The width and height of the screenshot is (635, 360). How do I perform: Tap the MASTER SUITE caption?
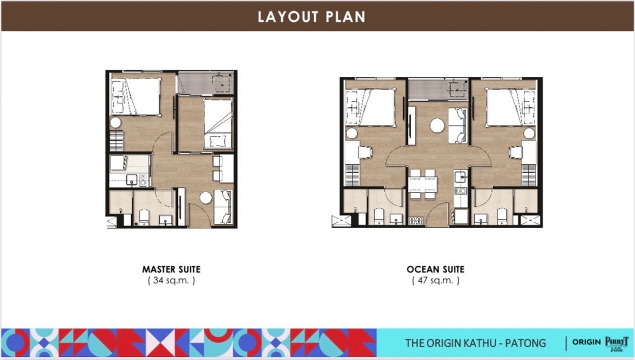click(171, 269)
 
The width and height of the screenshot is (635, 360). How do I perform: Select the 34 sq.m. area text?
click(171, 281)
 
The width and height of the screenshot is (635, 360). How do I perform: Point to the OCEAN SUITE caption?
click(436, 269)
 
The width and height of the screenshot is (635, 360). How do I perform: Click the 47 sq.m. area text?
click(436, 281)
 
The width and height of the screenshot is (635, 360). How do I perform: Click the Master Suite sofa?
click(223, 207)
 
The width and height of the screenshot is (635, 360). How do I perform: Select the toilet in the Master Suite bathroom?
click(144, 218)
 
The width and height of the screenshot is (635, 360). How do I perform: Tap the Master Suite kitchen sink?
click(132, 180)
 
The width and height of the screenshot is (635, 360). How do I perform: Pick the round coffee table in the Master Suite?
click(205, 197)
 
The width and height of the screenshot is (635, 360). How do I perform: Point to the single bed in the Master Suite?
click(217, 123)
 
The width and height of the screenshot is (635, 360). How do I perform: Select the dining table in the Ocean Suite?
click(422, 184)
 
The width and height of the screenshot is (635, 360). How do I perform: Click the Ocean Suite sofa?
click(457, 125)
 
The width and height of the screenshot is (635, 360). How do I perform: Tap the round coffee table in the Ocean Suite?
click(437, 125)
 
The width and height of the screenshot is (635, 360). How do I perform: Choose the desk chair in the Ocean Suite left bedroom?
click(365, 152)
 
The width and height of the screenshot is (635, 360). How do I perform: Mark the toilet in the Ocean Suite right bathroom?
click(502, 217)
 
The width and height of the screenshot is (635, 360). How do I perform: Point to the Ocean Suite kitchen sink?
click(460, 177)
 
